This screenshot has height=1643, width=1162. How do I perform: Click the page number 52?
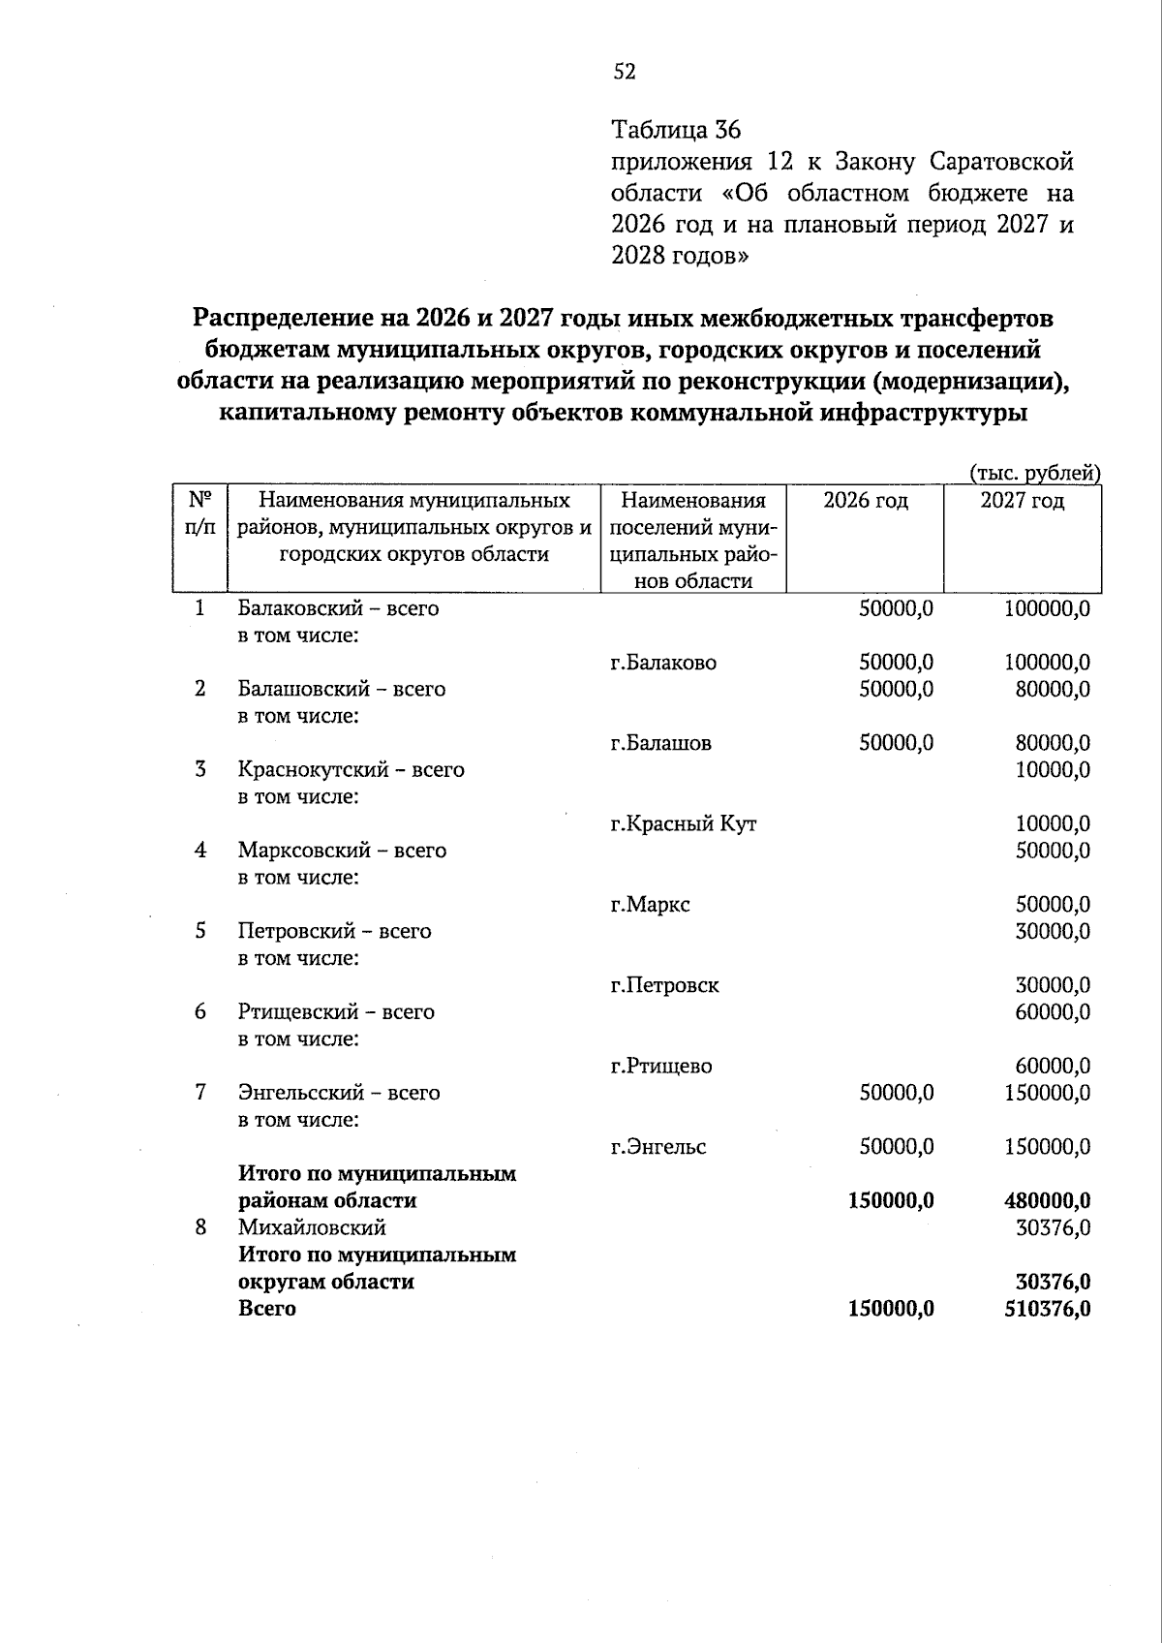624,71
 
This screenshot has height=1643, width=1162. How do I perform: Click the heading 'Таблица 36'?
676,129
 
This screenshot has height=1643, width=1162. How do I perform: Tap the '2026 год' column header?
865,501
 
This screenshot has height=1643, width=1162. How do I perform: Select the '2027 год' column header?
1022,501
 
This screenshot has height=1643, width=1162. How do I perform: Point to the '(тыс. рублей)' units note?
1035,473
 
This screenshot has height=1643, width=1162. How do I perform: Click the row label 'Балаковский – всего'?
338,608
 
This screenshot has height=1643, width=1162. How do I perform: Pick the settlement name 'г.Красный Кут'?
683,824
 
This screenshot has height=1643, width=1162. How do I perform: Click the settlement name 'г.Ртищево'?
660,1067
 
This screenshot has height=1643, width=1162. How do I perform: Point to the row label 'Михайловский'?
312,1228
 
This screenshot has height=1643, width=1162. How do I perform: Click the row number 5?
200,931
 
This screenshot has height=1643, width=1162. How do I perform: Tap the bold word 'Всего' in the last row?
267,1309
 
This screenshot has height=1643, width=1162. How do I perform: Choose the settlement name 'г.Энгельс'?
657,1147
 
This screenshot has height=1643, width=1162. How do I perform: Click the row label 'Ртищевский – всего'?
336,1012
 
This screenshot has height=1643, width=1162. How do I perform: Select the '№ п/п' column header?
200,513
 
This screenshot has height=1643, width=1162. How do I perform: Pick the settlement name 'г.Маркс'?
650,905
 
